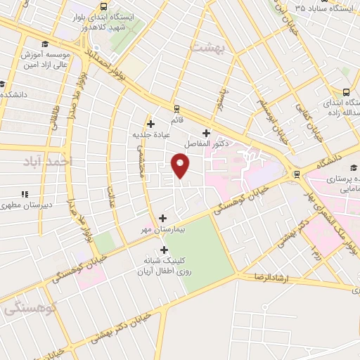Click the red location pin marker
[x=181, y=166]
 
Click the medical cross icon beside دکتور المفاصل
[x=206, y=132]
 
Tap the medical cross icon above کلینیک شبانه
[x=165, y=249]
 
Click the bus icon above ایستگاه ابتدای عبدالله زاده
[x=346, y=92]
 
